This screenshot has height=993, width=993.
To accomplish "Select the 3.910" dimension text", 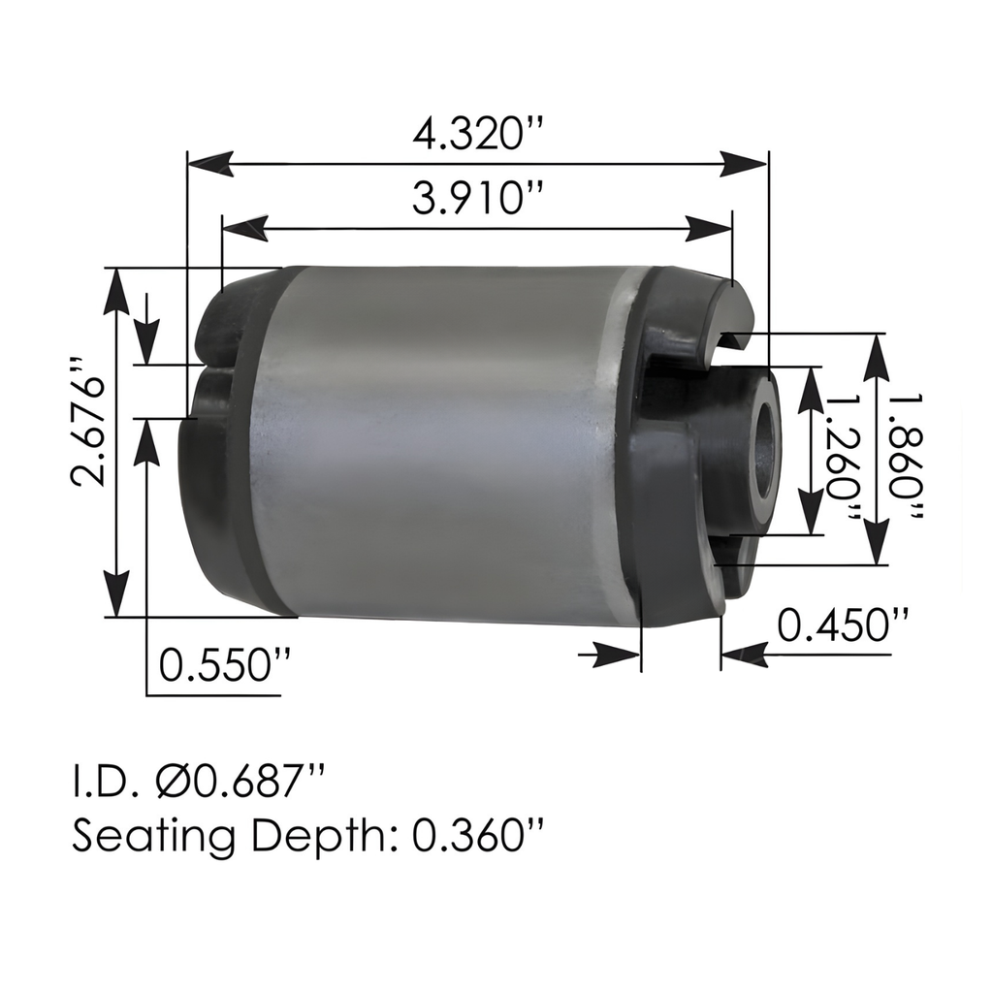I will tap(476, 200).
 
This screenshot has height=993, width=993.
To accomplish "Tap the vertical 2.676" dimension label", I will tap(87, 419).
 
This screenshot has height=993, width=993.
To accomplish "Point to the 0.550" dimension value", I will tap(224, 666).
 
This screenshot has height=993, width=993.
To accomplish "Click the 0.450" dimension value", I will tap(844, 625).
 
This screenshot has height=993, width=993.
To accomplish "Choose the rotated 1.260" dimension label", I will tap(842, 456).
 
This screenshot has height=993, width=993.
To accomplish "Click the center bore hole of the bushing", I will tap(766, 446).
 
